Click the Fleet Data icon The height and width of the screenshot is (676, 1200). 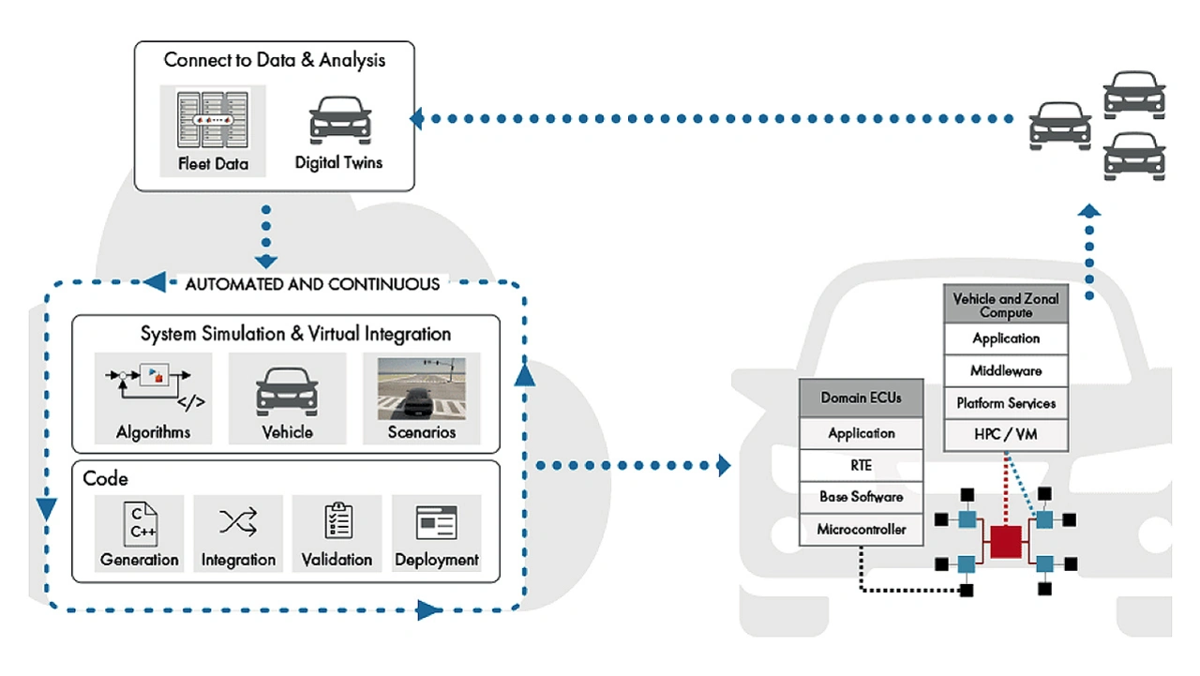coord(213,119)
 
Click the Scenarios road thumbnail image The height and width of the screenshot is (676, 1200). coord(422,385)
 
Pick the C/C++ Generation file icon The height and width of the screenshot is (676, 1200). coord(140,521)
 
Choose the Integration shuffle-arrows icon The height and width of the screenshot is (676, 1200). coord(238,522)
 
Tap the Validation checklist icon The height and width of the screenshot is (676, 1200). coord(337,521)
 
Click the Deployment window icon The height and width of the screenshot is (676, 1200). coord(436,522)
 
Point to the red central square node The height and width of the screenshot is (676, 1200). coord(1004,542)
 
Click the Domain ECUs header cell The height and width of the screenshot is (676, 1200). coord(861,398)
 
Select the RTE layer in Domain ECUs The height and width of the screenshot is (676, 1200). coord(861,465)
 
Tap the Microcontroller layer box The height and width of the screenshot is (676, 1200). coord(861,530)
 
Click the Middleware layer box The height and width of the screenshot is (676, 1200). coord(1006,371)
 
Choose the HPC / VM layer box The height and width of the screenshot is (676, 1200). coord(1006,435)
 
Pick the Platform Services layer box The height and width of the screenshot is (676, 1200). coord(1006,403)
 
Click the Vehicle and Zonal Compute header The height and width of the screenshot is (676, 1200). coord(1006,306)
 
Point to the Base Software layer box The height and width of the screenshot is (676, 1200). coord(861,497)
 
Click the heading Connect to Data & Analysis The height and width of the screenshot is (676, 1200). coord(275,60)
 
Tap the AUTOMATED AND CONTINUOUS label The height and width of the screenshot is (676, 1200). coord(312,284)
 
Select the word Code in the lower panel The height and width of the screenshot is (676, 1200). coord(106,478)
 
